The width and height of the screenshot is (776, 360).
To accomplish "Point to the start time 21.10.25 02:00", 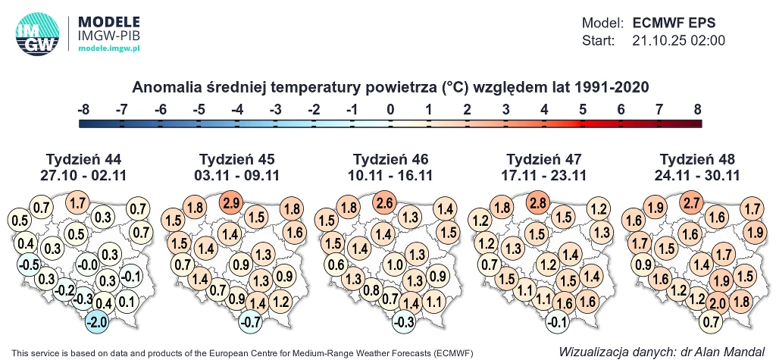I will (679, 40).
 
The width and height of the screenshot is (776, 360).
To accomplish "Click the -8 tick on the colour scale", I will (83, 110).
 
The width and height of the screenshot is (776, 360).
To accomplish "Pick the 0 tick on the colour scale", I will (390, 110).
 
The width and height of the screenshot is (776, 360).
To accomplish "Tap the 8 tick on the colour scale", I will (697, 110).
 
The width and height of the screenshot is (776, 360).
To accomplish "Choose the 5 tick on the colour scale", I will (582, 110).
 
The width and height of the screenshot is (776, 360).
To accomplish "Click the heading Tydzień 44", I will (83, 159).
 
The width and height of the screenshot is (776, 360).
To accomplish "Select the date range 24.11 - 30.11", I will (697, 175).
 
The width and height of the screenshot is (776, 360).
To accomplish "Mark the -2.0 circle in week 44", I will (97, 321).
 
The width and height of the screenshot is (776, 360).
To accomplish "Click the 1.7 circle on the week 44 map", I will (77, 203).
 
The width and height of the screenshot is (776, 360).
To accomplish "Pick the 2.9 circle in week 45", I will (232, 203).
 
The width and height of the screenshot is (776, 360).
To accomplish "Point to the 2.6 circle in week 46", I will (385, 203).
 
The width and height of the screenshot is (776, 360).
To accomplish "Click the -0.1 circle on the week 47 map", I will (558, 321).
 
